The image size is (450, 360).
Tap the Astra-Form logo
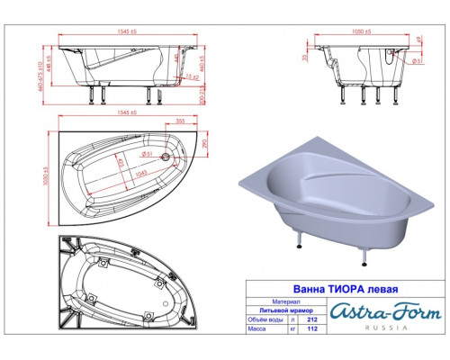pyautogui.click(x=388, y=311)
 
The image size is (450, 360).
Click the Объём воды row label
pyautogui.click(x=267, y=318)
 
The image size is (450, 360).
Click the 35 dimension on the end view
pyautogui.click(x=305, y=57)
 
